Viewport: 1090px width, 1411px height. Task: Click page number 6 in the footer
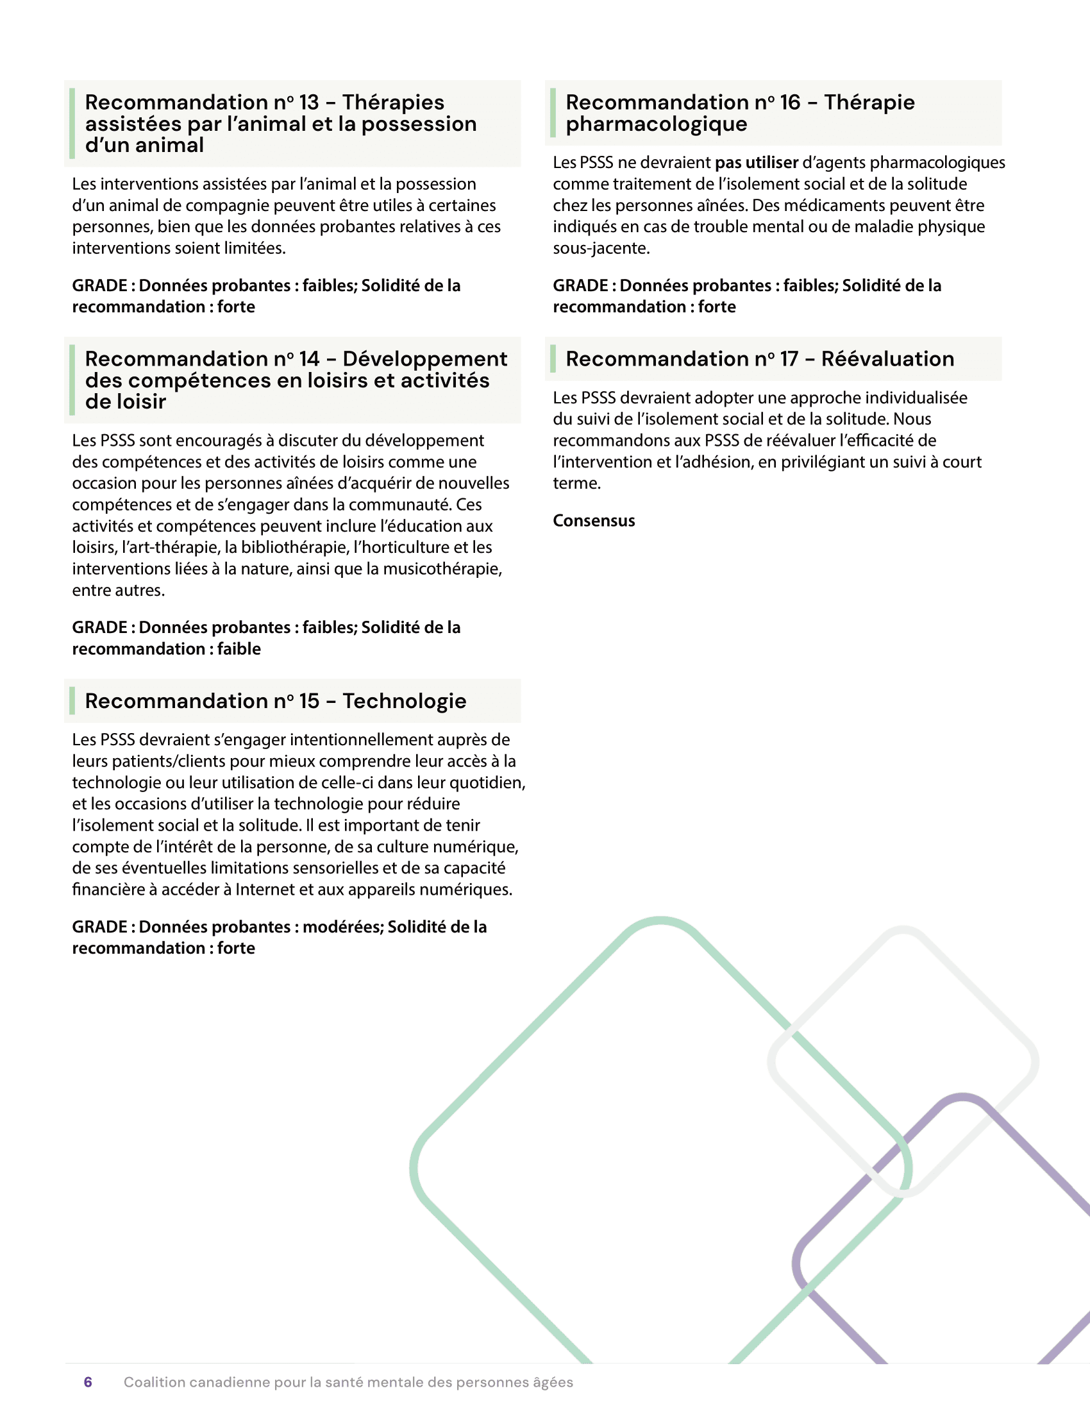88,1381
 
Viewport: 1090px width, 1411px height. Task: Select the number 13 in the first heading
308,102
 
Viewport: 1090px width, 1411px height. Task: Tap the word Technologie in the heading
404,700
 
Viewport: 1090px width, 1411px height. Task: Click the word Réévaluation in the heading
887,359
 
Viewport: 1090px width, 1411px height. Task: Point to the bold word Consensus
594,521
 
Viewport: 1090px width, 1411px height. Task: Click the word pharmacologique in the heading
656,124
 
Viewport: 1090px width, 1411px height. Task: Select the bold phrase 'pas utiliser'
756,162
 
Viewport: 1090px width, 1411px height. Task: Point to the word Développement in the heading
425,359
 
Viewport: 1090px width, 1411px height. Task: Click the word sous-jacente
601,248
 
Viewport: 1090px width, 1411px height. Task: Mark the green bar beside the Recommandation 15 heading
72,700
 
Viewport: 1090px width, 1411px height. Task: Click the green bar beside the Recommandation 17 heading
553,359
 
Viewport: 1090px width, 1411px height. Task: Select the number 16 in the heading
790,102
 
